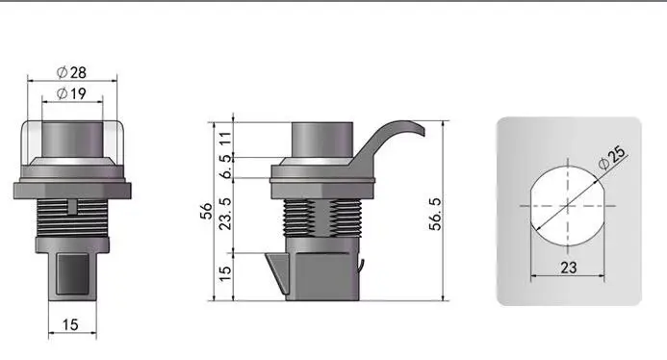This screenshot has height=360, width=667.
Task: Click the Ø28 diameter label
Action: click(x=71, y=72)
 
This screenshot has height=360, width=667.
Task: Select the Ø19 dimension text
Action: click(x=71, y=93)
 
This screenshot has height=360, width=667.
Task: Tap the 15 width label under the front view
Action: click(x=70, y=324)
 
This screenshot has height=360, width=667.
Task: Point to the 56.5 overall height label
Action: click(x=435, y=214)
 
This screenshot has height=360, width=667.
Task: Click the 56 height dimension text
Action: click(x=206, y=211)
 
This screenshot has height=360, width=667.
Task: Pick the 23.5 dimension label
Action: click(x=224, y=214)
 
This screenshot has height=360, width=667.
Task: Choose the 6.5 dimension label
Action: click(x=225, y=167)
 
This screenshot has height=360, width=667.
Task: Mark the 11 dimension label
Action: click(x=225, y=139)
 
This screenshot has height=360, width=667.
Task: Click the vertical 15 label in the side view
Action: click(x=224, y=273)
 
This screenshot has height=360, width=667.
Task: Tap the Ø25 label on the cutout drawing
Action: click(x=612, y=158)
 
